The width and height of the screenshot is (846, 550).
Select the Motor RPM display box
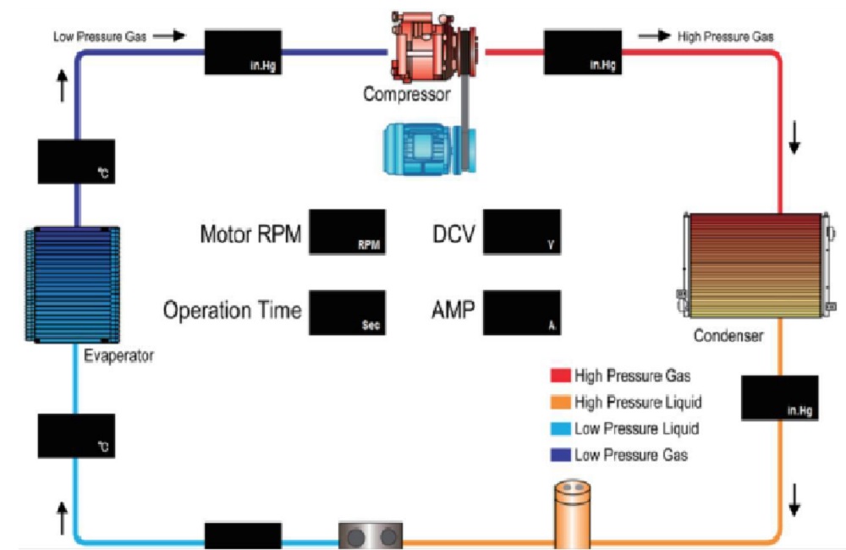347,232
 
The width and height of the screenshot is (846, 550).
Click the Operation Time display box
347,312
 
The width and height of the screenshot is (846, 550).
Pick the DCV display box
521,232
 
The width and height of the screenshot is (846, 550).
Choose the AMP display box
521,312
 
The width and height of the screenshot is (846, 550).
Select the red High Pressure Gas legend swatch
560,375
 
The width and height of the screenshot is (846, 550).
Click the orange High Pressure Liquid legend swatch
560,402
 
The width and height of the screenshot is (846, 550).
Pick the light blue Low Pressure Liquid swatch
560,429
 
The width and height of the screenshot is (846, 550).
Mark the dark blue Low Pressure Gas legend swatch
560,455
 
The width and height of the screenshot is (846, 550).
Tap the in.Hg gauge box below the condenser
779,397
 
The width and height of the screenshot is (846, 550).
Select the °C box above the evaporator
76,161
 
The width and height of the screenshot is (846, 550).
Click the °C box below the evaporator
76,436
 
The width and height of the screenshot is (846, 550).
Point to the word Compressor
407,95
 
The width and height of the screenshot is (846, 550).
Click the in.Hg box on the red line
581,52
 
